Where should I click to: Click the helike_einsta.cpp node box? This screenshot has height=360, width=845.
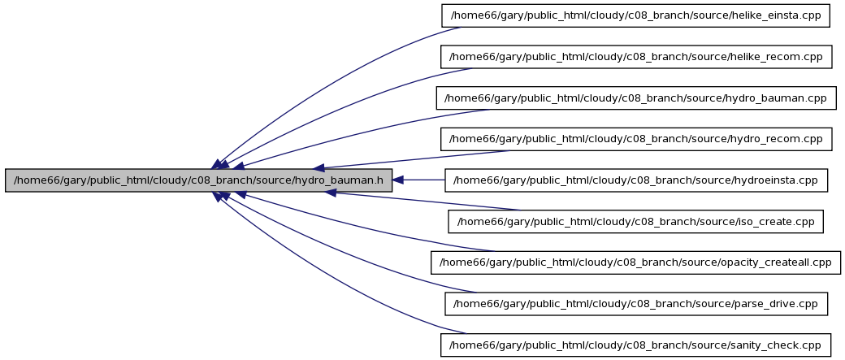[635, 15]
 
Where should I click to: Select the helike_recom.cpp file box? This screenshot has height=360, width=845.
[635, 57]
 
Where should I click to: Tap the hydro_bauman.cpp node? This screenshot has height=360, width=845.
[636, 98]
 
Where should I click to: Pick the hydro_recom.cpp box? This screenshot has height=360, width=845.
[635, 139]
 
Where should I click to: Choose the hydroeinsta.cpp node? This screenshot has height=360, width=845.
[636, 180]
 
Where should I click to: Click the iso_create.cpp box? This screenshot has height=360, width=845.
[636, 222]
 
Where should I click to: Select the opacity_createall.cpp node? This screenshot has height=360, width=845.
[636, 262]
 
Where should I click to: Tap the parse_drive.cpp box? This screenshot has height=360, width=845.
[636, 304]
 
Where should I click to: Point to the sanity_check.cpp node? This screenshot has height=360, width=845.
[635, 345]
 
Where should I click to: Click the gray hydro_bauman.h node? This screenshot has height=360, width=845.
[198, 180]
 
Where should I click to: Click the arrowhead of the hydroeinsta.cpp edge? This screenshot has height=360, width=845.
[397, 180]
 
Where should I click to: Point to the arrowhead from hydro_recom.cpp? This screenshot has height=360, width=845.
[319, 168]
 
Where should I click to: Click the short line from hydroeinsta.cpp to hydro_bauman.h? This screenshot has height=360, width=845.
[424, 180]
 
